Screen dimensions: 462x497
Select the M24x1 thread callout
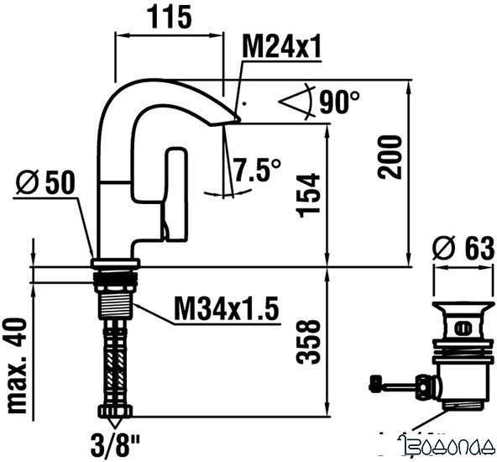click(281, 48)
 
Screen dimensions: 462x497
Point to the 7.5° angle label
click(257, 171)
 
